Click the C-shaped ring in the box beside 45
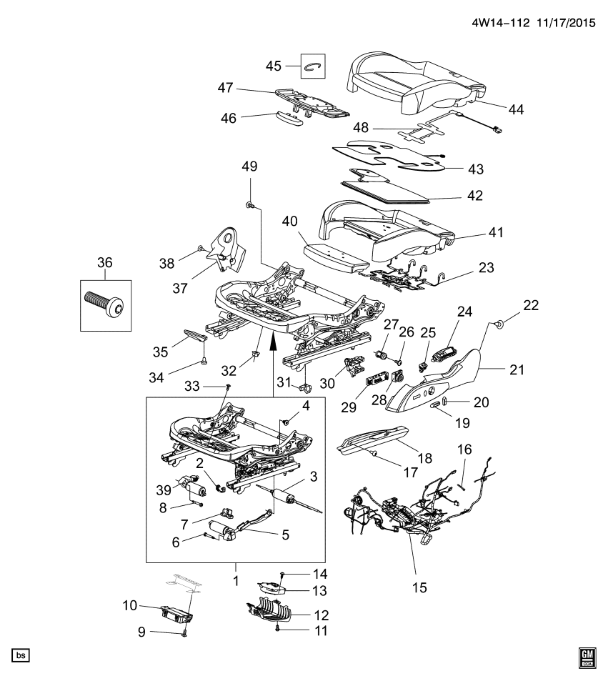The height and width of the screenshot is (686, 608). [x=313, y=66]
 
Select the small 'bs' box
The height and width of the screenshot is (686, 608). [x=21, y=655]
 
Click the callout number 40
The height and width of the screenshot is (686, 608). [x=289, y=222]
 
